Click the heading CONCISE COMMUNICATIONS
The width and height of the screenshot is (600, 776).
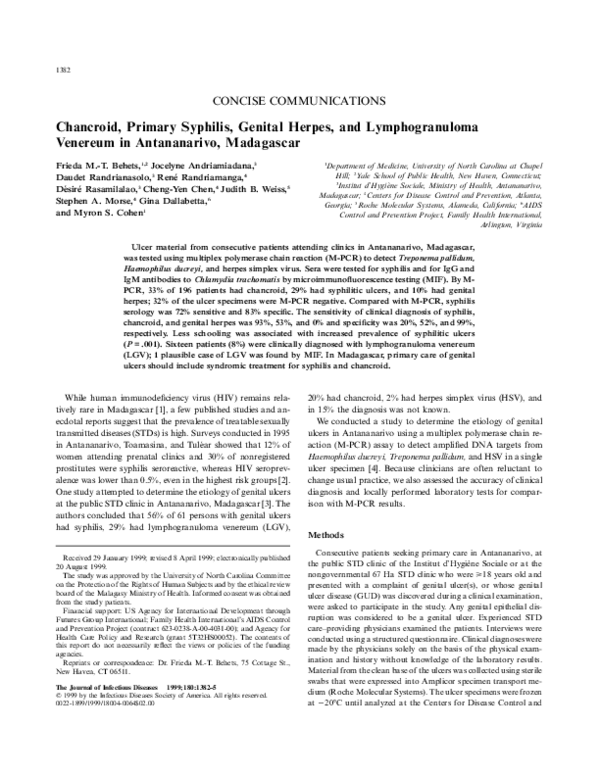299,103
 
